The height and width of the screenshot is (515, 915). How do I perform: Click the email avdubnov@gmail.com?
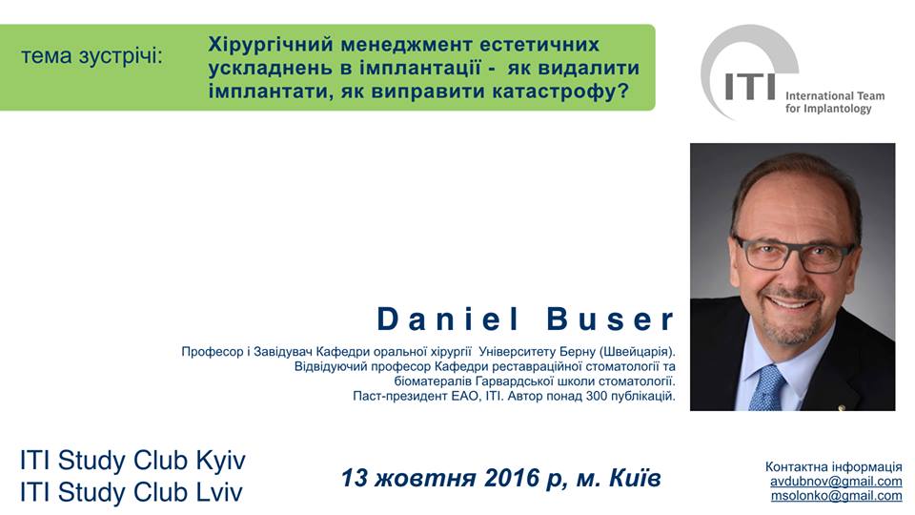pyautogui.click(x=836, y=482)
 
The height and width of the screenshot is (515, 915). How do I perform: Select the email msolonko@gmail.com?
pyautogui.click(x=836, y=496)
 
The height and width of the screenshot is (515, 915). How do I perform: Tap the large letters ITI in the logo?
pyautogui.click(x=750, y=87)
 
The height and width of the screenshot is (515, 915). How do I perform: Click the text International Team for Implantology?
pyautogui.click(x=835, y=102)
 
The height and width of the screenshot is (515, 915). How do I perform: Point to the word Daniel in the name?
pyautogui.click(x=448, y=319)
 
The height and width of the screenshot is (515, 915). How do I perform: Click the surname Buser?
pyautogui.click(x=610, y=319)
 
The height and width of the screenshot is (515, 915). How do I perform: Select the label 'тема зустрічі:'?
pyautogui.click(x=92, y=56)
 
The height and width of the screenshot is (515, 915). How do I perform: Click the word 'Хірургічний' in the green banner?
pyautogui.click(x=271, y=45)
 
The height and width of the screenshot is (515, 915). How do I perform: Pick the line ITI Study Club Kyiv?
pyautogui.click(x=132, y=460)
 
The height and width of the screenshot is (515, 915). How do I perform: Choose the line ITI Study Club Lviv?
pyautogui.click(x=131, y=492)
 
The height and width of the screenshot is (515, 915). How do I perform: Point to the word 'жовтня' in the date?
pyautogui.click(x=425, y=479)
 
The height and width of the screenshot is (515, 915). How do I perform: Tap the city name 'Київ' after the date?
pyautogui.click(x=635, y=478)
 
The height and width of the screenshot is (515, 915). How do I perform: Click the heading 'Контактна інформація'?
pyautogui.click(x=833, y=467)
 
